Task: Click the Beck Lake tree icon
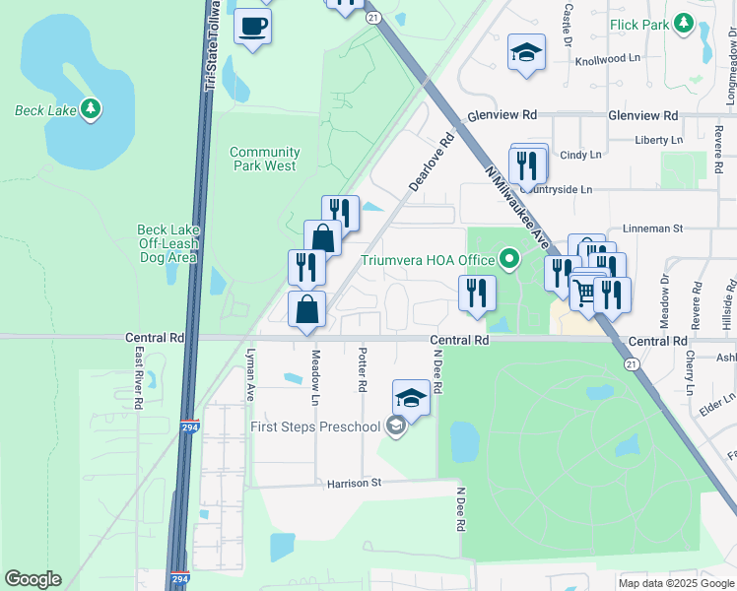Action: tap(91, 108)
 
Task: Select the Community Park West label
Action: tap(264, 159)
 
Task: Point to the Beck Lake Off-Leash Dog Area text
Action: tap(167, 243)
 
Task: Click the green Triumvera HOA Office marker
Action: tap(509, 260)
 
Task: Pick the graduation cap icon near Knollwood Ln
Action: tap(527, 53)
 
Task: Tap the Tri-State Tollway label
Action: tap(210, 49)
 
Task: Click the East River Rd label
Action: tap(138, 377)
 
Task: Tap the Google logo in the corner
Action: tap(33, 579)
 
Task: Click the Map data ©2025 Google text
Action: tap(675, 583)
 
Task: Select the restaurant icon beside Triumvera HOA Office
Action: tap(476, 294)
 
